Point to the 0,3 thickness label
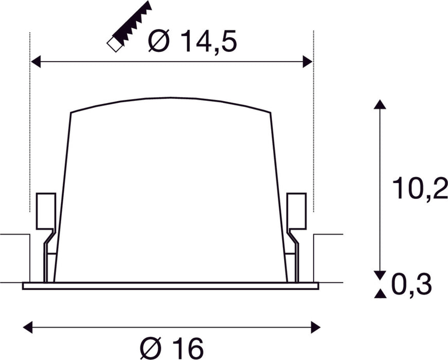click(x=411, y=285)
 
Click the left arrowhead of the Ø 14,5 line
click(x=35, y=62)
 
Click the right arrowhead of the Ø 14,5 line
click(x=308, y=62)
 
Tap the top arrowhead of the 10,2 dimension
click(x=380, y=104)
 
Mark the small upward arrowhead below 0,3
click(x=380, y=294)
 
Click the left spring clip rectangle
click(x=45, y=210)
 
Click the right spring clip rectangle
click(x=296, y=210)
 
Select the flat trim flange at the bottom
click(x=170, y=285)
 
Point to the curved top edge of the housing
click(x=170, y=98)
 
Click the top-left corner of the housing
click(x=70, y=112)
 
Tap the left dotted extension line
click(x=30, y=129)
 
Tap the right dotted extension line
click(x=313, y=129)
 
